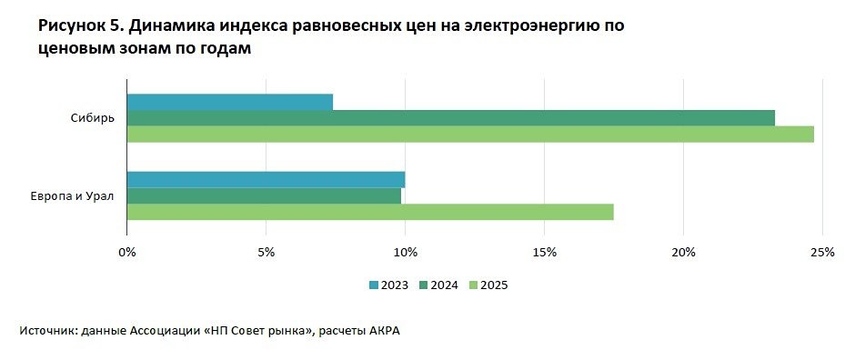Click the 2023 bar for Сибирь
[x=230, y=102]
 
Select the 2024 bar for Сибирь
[x=451, y=117]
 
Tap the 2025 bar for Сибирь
[x=470, y=134]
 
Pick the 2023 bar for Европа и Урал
[x=266, y=179]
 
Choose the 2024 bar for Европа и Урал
[x=264, y=195]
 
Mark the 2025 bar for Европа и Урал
[x=370, y=212]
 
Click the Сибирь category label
[x=92, y=118]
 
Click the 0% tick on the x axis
[x=127, y=252]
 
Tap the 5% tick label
[x=266, y=252]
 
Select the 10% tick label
[x=405, y=252]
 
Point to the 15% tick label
[x=544, y=252]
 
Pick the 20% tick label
[x=683, y=252]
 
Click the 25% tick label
[x=821, y=252]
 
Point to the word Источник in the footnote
[x=46, y=331]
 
